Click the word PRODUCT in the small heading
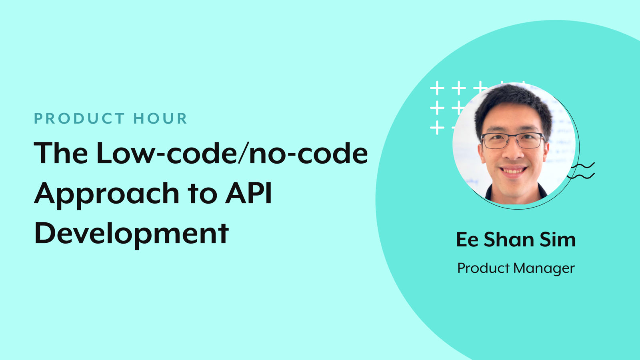pyautogui.click(x=79, y=118)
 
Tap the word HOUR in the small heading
pyautogui.click(x=160, y=118)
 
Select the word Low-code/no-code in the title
pyautogui.click(x=232, y=153)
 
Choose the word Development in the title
pyautogui.click(x=132, y=234)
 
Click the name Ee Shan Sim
pyautogui.click(x=516, y=240)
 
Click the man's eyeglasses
pyautogui.click(x=513, y=140)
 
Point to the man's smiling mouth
pyautogui.click(x=513, y=171)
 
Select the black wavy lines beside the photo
pyautogui.click(x=582, y=170)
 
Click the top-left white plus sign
pyautogui.click(x=437, y=88)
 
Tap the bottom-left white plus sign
pyautogui.click(x=437, y=128)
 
